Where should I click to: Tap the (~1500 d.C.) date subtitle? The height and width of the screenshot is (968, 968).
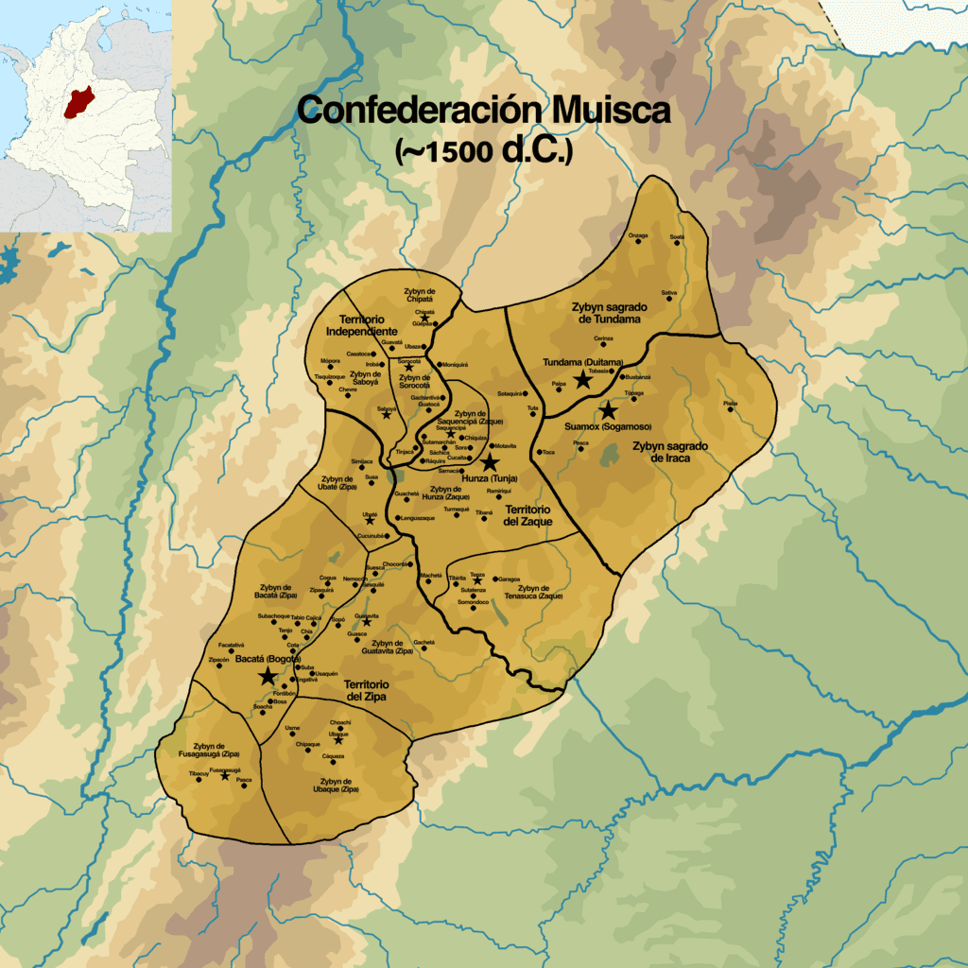pos(483,152)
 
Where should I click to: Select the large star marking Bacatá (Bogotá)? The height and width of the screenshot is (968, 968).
pos(268,675)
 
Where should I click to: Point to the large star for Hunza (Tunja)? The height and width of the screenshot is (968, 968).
pos(490,462)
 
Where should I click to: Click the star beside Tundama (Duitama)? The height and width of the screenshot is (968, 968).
pos(581,376)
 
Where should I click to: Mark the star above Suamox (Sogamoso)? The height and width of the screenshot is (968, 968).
pos(608,411)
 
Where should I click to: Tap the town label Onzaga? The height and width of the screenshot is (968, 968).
pos(638,234)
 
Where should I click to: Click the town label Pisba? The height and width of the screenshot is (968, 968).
pos(730,404)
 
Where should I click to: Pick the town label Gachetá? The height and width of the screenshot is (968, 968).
pos(423,642)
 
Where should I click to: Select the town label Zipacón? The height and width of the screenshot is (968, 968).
pos(218,659)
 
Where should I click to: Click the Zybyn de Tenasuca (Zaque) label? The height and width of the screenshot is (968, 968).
pos(541,592)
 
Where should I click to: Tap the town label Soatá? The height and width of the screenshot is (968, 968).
pos(677,235)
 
